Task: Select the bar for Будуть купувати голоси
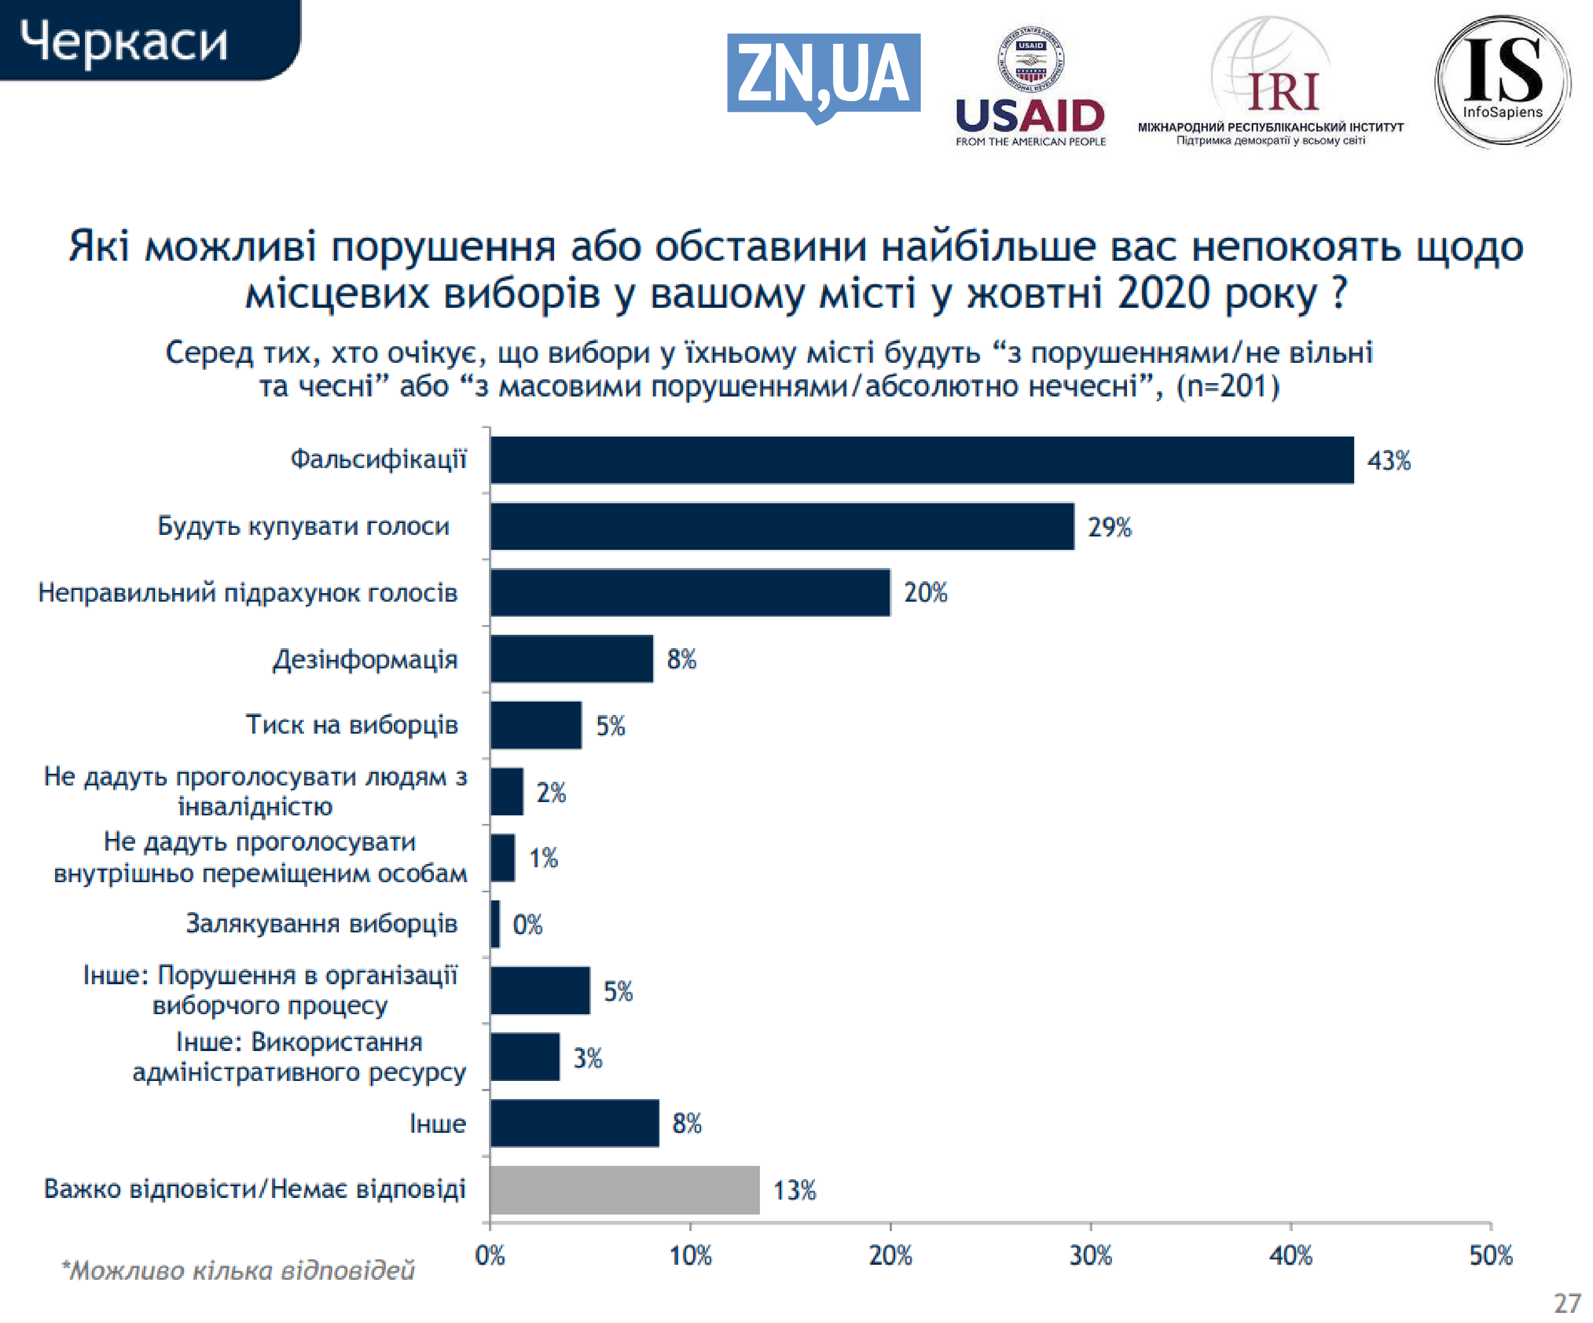click(x=781, y=526)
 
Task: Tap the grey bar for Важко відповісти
click(x=624, y=1189)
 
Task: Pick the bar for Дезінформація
click(x=571, y=658)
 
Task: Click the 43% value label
click(x=1388, y=461)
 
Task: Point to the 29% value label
click(x=1109, y=526)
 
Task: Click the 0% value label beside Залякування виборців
click(x=527, y=924)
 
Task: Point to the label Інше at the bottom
click(x=437, y=1124)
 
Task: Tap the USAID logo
click(x=1030, y=87)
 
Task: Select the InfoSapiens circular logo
click(x=1502, y=80)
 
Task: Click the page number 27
click(x=1566, y=1303)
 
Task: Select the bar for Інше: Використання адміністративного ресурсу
click(x=524, y=1057)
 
